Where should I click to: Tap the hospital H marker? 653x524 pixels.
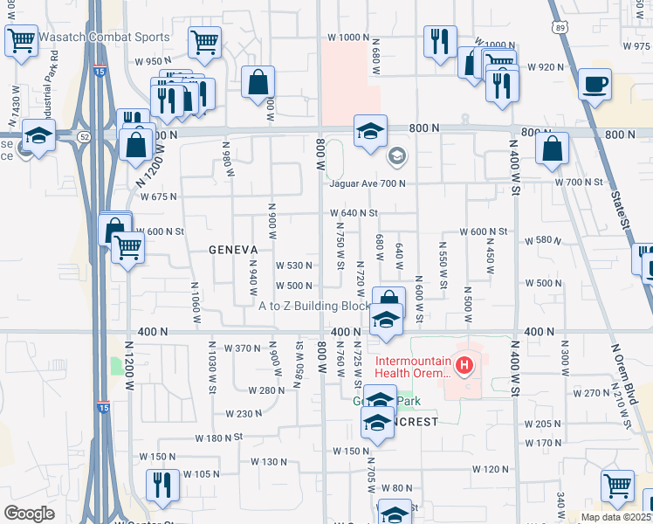465,364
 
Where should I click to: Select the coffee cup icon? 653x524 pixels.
595,85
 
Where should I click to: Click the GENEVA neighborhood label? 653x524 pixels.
232,249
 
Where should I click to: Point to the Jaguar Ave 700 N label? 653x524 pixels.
368,183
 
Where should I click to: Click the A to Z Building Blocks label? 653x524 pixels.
315,306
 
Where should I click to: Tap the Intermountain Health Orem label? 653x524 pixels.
413,368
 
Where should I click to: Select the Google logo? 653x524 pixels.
29,514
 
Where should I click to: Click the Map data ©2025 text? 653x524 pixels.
616,517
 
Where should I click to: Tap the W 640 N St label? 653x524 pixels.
354,212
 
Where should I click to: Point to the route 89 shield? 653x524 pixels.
556,26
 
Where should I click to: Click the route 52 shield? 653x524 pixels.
84,136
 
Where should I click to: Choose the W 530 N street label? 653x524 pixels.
294,265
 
